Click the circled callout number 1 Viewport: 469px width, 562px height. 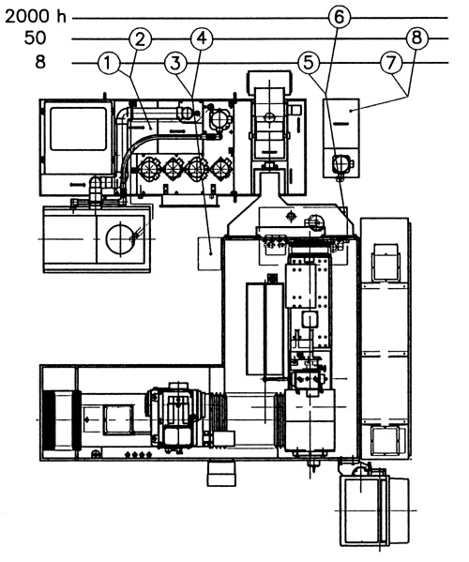point(110,64)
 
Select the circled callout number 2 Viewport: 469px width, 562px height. point(140,38)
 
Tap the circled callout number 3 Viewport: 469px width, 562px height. point(175,64)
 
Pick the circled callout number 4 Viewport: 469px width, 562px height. point(202,38)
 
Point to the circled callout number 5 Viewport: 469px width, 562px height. point(309,63)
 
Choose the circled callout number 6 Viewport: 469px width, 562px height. point(340,17)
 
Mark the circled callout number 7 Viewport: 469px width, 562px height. point(391,63)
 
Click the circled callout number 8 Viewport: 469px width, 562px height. point(417,38)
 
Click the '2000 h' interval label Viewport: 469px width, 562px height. point(36,17)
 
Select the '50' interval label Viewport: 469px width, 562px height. point(35,38)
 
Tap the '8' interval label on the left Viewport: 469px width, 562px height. point(40,62)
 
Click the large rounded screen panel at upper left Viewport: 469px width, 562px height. point(79,129)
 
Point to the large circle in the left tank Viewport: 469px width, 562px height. point(120,238)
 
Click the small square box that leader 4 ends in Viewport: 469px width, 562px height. point(209,253)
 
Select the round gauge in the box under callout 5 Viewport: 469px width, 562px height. point(340,163)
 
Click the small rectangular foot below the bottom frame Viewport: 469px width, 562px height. point(221,473)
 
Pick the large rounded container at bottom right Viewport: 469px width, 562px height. point(374,509)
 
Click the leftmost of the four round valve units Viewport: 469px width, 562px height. point(149,169)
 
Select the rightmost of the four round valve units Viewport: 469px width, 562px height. point(221,169)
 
